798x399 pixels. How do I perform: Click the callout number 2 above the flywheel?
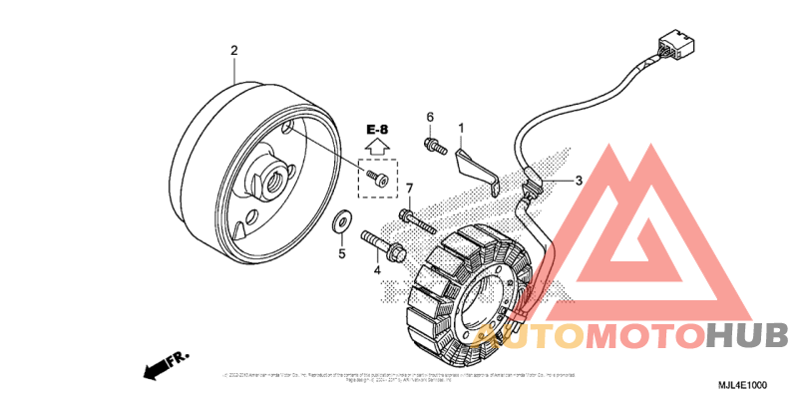234,50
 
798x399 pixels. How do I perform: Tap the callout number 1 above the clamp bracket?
462,128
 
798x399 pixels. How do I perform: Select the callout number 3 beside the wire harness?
578,182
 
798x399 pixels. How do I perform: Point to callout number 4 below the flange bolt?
377,269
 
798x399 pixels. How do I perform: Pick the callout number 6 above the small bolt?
431,118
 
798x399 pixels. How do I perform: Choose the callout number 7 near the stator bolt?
408,189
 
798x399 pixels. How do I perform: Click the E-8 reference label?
377,131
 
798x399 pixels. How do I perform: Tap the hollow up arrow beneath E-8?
377,148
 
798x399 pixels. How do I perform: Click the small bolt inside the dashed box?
375,178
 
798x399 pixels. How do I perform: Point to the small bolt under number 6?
433,146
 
